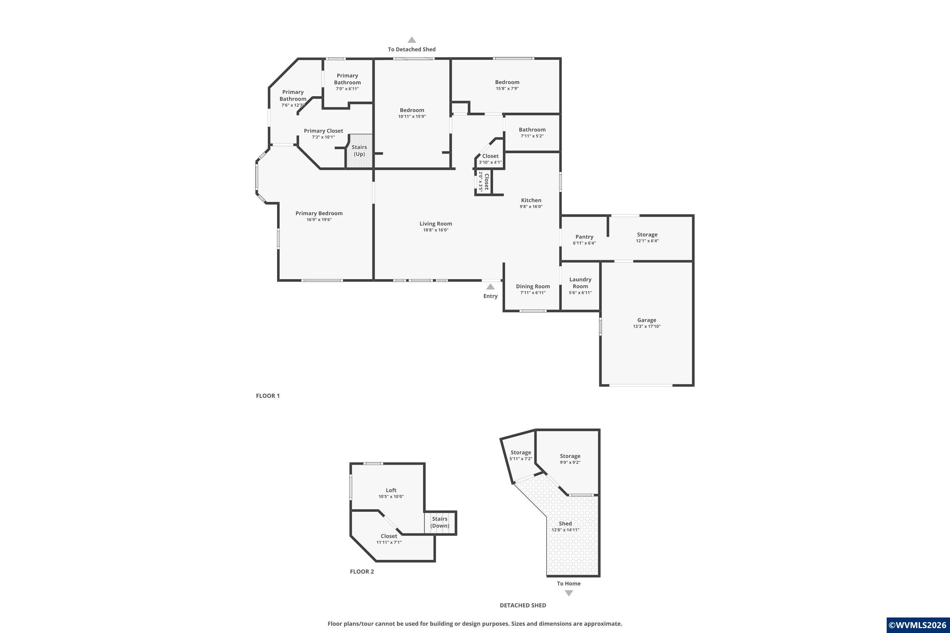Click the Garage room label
click(x=647, y=320)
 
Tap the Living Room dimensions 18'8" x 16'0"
click(x=436, y=230)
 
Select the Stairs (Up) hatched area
click(x=359, y=151)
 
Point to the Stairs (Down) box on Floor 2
click(x=440, y=523)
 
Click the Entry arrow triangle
click(x=490, y=287)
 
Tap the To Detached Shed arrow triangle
click(x=412, y=40)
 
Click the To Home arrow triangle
click(x=569, y=593)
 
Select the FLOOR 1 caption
click(x=268, y=396)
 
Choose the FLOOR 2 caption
click(x=362, y=572)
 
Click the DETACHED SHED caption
click(x=523, y=605)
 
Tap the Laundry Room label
click(x=580, y=283)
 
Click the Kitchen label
click(x=531, y=200)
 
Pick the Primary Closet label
click(x=324, y=131)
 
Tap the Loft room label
click(x=391, y=490)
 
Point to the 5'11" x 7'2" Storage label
click(x=521, y=453)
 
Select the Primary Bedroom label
click(x=319, y=214)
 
